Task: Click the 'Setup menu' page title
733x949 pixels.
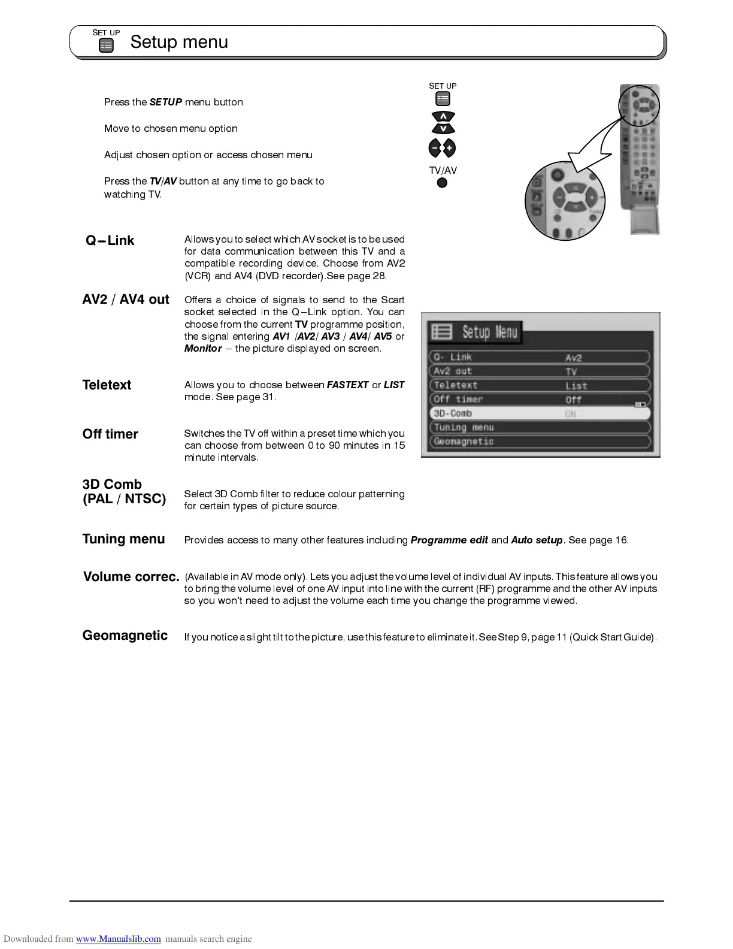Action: click(x=179, y=42)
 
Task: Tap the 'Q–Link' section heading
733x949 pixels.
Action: click(x=110, y=241)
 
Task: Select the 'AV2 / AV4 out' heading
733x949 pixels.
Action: click(x=126, y=300)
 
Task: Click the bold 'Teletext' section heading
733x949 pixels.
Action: click(x=107, y=385)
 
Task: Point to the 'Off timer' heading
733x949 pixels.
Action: click(x=110, y=434)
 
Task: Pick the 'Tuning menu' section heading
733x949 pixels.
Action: click(x=123, y=539)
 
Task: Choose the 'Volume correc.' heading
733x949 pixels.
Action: click(x=131, y=577)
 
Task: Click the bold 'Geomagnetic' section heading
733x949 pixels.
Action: click(x=125, y=636)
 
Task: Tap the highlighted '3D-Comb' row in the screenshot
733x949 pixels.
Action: click(x=539, y=413)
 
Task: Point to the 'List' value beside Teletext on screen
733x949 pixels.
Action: click(x=576, y=386)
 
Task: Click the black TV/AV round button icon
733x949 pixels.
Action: click(x=442, y=183)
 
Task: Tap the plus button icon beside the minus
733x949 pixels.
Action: click(x=449, y=148)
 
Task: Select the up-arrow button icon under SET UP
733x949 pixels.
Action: click(x=443, y=116)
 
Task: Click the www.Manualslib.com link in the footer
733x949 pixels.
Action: click(x=118, y=939)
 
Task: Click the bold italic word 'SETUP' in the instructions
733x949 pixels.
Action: click(x=166, y=102)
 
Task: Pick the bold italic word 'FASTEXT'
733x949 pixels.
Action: click(x=347, y=385)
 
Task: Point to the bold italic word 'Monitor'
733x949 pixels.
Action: click(x=203, y=349)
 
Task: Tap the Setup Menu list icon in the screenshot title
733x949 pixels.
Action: click(x=442, y=331)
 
